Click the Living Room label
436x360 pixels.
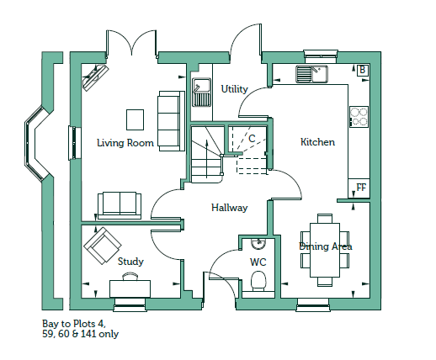click(x=125, y=143)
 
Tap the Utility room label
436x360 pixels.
click(x=234, y=89)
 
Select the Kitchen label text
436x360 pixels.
click(x=317, y=142)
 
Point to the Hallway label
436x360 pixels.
click(x=230, y=208)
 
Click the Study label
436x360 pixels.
click(x=130, y=262)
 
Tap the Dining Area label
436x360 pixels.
click(x=326, y=246)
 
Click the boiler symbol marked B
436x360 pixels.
click(x=362, y=70)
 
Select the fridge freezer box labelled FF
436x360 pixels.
click(x=359, y=188)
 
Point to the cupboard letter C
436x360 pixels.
click(x=252, y=139)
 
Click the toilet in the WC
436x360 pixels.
click(x=258, y=281)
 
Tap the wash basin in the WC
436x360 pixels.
click(x=258, y=244)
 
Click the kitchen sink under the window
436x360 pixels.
click(x=311, y=74)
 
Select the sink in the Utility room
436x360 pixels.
click(x=201, y=93)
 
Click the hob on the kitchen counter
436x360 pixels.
click(x=359, y=117)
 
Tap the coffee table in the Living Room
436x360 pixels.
click(x=135, y=119)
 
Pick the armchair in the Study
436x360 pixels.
click(x=103, y=246)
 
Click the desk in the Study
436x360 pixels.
click(x=130, y=289)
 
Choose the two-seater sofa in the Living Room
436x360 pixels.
click(x=120, y=205)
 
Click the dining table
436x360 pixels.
click(x=325, y=250)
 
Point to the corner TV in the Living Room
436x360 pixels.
click(x=95, y=77)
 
